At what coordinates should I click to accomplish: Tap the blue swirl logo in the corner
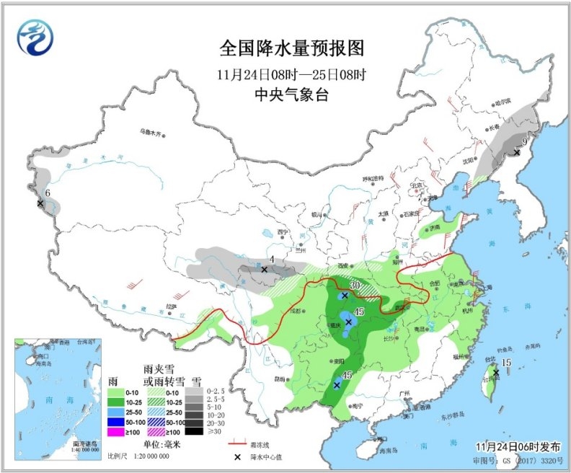36,37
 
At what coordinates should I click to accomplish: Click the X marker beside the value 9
516,152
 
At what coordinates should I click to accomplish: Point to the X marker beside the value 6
40,204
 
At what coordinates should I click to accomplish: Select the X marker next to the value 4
265,269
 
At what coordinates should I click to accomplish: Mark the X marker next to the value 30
345,295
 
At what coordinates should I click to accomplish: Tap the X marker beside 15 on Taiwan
496,372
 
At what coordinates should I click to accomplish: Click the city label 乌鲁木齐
153,132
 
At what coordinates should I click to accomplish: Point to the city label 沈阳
469,160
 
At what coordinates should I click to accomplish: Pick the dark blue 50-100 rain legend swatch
116,420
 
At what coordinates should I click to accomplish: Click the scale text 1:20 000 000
148,456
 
